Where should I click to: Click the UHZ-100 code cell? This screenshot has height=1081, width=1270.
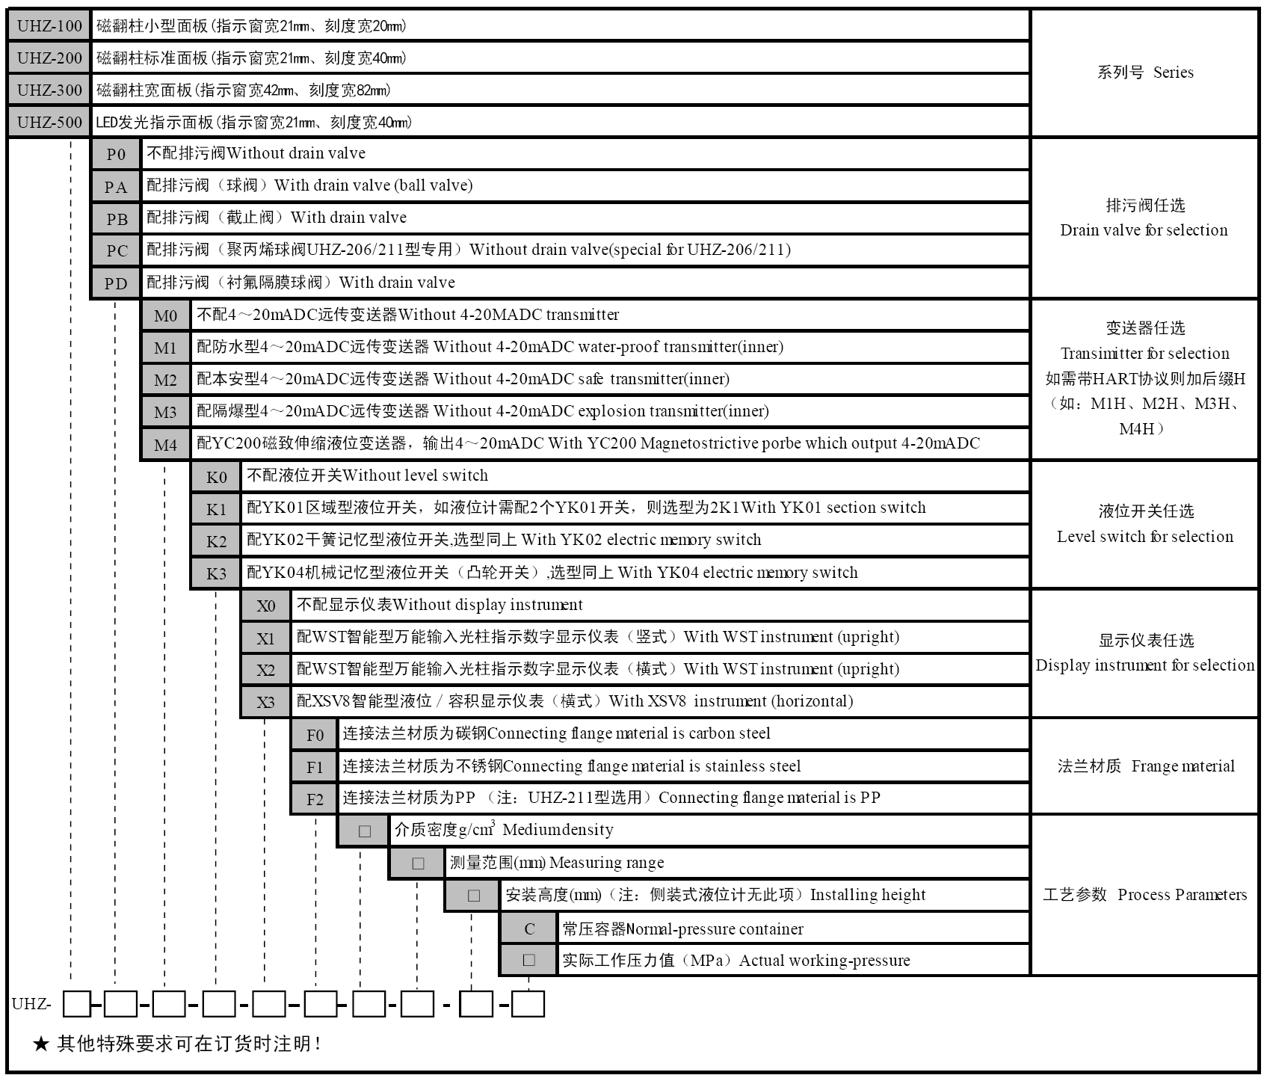click(49, 26)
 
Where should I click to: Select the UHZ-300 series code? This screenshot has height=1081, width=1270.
click(49, 90)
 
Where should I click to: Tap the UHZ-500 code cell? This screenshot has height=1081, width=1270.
click(49, 123)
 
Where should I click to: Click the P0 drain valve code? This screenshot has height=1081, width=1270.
click(116, 155)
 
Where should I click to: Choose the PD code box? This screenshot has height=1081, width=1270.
click(116, 283)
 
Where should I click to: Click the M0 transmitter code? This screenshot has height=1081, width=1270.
click(166, 315)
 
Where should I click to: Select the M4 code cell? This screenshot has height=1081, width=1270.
click(166, 445)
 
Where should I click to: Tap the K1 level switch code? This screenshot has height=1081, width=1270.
click(216, 509)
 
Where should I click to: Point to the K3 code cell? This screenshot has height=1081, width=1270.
click(216, 573)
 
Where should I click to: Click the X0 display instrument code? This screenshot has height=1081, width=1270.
click(266, 606)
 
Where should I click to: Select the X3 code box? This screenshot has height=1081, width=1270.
click(266, 702)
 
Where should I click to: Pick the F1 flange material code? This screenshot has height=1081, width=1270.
click(315, 767)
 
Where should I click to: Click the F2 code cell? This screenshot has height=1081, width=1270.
click(315, 799)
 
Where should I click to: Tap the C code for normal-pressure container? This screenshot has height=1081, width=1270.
click(529, 928)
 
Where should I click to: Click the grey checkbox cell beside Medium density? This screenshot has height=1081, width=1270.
click(364, 831)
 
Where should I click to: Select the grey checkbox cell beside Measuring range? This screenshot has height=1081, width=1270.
click(418, 863)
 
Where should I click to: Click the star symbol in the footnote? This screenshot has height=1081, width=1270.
click(40, 1044)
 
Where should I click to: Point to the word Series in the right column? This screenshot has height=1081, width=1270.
click(1173, 73)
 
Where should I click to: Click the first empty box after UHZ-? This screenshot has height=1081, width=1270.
click(76, 1004)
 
